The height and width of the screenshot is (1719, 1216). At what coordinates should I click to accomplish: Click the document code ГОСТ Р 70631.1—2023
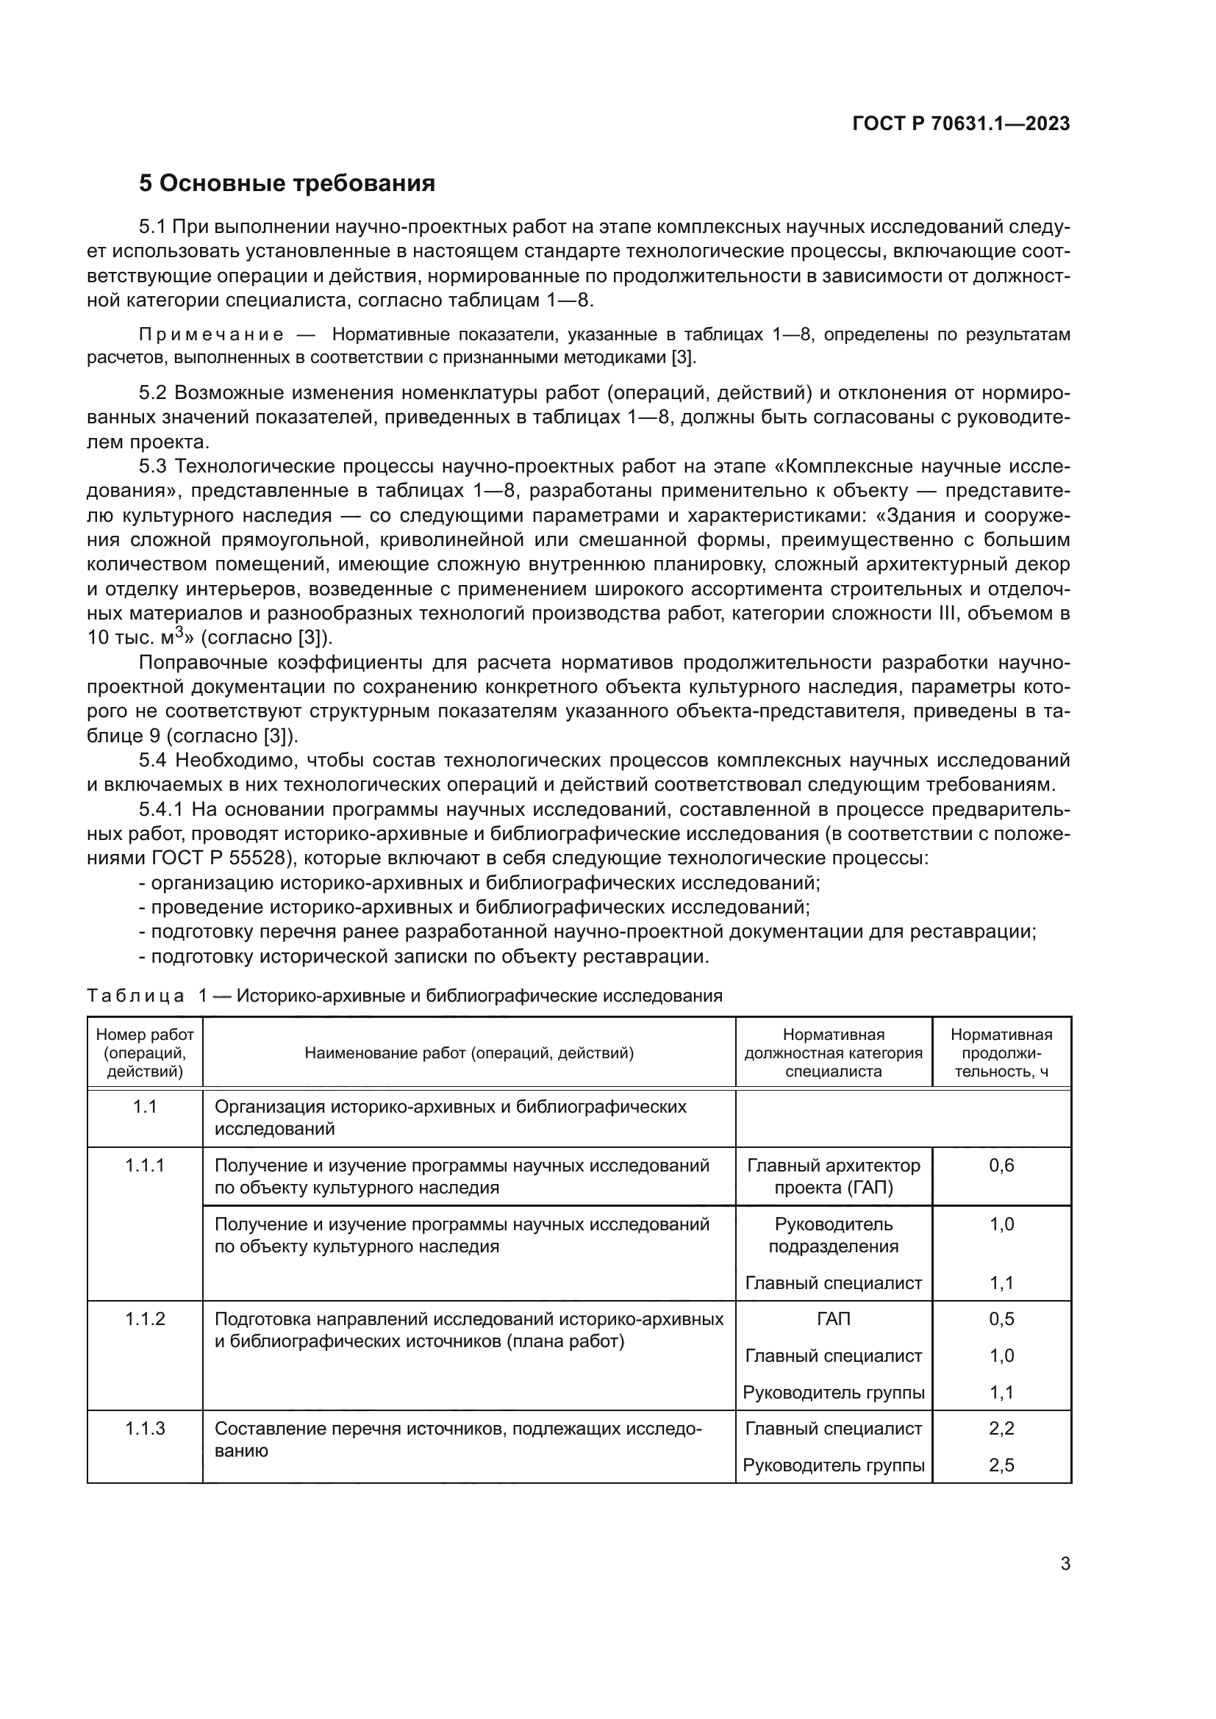pyautogui.click(x=961, y=124)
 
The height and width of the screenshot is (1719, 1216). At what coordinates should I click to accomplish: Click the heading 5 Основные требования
pyautogui.click(x=287, y=184)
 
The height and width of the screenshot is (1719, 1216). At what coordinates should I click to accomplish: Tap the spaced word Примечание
pyautogui.click(x=211, y=334)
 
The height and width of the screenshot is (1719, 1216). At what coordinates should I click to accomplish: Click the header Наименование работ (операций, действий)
pyautogui.click(x=469, y=1053)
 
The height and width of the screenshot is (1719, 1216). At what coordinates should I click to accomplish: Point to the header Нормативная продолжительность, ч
pyautogui.click(x=1001, y=1052)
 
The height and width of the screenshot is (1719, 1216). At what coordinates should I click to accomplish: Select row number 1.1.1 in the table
pyautogui.click(x=145, y=1166)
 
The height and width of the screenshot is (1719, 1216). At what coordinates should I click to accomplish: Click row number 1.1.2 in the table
pyautogui.click(x=145, y=1318)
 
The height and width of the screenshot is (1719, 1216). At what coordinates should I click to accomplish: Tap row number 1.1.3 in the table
pyautogui.click(x=145, y=1429)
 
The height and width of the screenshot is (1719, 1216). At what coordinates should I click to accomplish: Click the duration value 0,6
pyautogui.click(x=1001, y=1166)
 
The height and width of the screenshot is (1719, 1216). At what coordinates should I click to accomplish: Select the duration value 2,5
pyautogui.click(x=1001, y=1465)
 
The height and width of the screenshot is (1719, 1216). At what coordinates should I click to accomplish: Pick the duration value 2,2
pyautogui.click(x=1001, y=1429)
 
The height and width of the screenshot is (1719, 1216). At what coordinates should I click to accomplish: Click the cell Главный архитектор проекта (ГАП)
pyautogui.click(x=834, y=1176)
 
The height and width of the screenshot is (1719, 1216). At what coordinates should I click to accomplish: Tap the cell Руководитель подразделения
pyautogui.click(x=834, y=1235)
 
